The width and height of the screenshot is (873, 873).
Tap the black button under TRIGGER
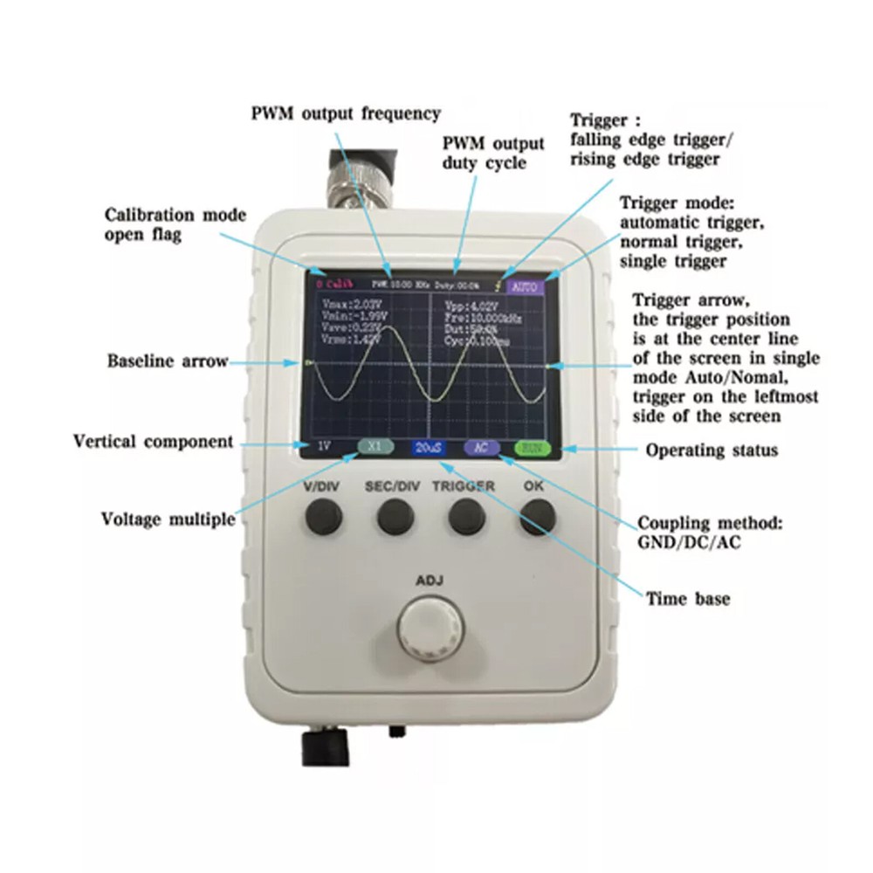(466, 519)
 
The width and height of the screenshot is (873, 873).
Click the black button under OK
(537, 519)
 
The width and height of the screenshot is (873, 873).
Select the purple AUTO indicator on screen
(526, 286)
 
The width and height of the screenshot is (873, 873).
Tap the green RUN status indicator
(532, 448)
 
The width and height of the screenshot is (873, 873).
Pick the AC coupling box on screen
(481, 447)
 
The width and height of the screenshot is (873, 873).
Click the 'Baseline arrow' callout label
(168, 361)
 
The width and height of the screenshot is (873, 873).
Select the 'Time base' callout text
(688, 599)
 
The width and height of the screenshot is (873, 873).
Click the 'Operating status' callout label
(711, 450)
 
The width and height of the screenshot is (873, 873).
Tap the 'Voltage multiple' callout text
(168, 519)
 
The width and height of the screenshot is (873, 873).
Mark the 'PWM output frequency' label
(346, 113)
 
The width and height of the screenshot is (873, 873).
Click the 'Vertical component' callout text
(153, 441)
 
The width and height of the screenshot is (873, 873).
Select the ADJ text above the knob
(430, 581)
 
